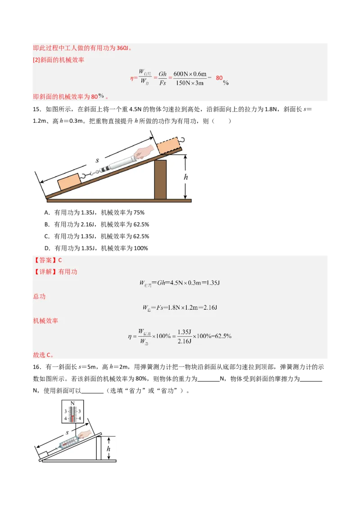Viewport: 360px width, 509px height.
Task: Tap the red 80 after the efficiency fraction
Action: pos(219,78)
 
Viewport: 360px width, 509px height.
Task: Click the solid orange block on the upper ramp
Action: pos(68,182)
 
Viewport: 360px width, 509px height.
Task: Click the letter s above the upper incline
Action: pos(97,160)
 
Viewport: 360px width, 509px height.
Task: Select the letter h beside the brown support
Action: pos(185,177)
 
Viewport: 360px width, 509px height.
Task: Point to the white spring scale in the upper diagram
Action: pos(118,163)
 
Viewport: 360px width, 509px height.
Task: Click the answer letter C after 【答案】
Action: pos(60,260)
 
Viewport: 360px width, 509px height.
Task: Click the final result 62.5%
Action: pos(222,336)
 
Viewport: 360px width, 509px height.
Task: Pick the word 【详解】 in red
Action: pos(45,272)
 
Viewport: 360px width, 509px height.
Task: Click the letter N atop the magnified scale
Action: pos(72,403)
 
